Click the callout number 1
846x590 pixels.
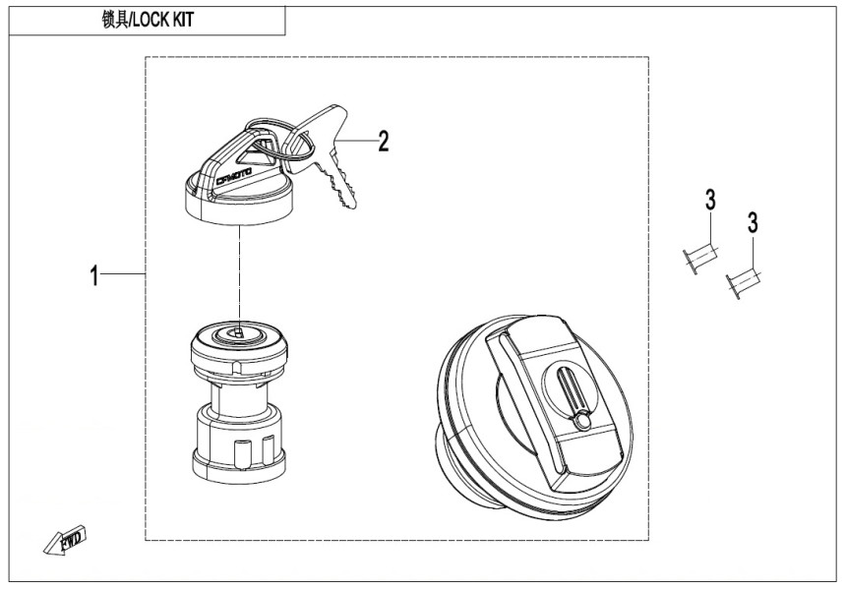tap(94, 276)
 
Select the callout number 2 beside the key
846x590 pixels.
tap(384, 142)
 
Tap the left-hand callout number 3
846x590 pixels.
tap(708, 202)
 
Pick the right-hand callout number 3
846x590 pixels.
tap(753, 223)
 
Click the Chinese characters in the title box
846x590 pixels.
tap(115, 20)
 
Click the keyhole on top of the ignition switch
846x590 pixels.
tap(235, 333)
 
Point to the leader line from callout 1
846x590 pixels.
tap(124, 275)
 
